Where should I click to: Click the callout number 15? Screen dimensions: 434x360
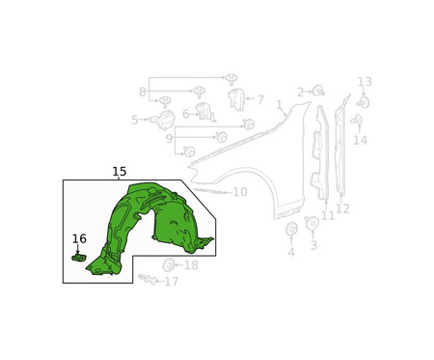point(120,172)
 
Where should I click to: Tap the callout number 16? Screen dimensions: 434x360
point(79,238)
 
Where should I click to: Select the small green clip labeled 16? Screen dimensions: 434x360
point(79,258)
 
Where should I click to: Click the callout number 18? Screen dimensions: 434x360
point(191,265)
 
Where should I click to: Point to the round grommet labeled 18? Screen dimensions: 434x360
point(169,265)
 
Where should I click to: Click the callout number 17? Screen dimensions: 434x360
point(171,282)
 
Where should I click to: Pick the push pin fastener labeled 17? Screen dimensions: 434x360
point(148,279)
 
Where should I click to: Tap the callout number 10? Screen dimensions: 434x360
point(240,192)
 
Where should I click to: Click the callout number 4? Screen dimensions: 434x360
point(291,252)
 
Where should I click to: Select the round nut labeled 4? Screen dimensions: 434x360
point(291,229)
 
